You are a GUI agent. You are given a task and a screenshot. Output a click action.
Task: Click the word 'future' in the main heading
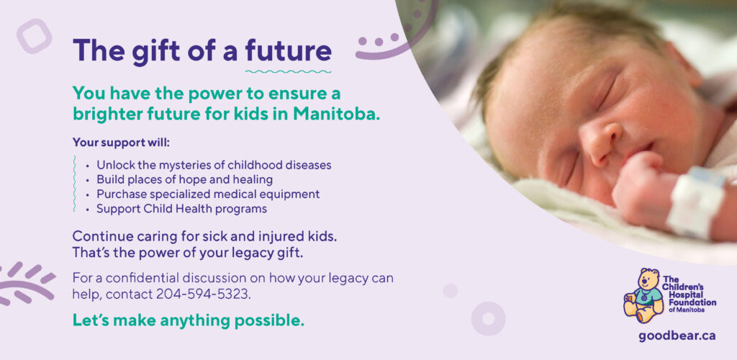288,50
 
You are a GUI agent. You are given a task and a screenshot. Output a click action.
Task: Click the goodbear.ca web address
677,336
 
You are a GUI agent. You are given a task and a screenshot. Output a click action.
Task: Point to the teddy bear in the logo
643,295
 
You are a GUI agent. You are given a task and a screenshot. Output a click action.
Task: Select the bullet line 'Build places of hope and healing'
185,179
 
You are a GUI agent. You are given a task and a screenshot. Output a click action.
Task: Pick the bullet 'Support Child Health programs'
182,209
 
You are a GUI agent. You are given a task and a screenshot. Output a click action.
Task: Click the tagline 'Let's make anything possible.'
188,320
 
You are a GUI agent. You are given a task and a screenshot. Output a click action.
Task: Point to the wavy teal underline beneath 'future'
288,72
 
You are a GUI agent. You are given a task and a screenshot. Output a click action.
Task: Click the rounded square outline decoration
34,36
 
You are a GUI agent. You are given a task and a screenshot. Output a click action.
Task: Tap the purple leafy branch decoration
26,284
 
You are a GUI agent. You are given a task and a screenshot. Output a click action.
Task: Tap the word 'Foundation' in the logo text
689,302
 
